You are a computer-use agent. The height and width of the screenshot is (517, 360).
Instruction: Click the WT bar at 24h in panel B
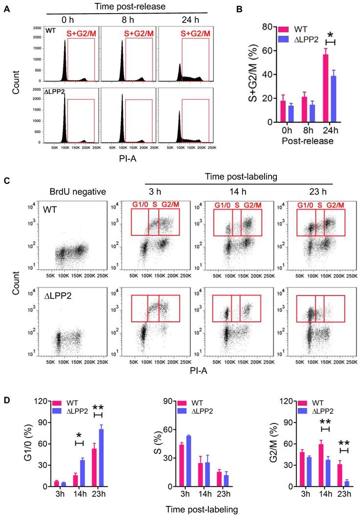[325, 88]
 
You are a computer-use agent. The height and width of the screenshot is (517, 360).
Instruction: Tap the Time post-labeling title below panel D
[195, 509]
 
